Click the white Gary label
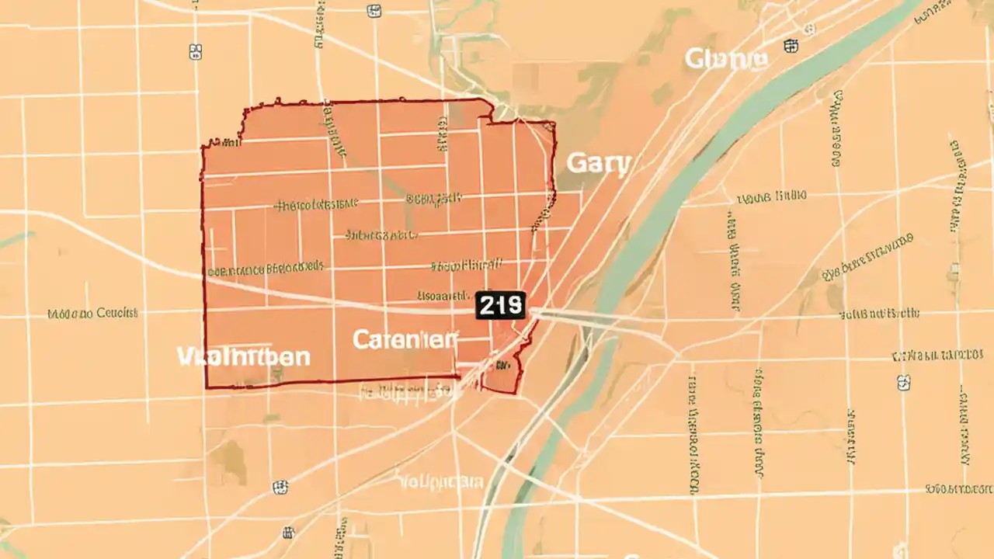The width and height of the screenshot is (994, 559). pyautogui.click(x=599, y=164)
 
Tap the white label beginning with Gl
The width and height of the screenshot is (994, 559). pyautogui.click(x=727, y=58)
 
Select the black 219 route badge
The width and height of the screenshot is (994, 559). pyautogui.click(x=501, y=305)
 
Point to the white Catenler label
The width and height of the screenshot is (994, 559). pyautogui.click(x=405, y=339)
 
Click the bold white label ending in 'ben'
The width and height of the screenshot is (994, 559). pyautogui.click(x=243, y=357)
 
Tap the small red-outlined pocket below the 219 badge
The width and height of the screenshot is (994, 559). pyautogui.click(x=501, y=377)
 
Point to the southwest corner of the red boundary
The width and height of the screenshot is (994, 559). pyautogui.click(x=207, y=386)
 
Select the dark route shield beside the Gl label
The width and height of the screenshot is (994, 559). pyautogui.click(x=791, y=46)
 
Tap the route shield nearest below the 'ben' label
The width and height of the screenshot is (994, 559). pyautogui.click(x=280, y=488)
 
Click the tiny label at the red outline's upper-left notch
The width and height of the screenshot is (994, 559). pyautogui.click(x=224, y=142)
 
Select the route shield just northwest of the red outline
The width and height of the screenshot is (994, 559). pyautogui.click(x=196, y=51)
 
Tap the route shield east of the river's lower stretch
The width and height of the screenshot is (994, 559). pyautogui.click(x=903, y=382)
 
